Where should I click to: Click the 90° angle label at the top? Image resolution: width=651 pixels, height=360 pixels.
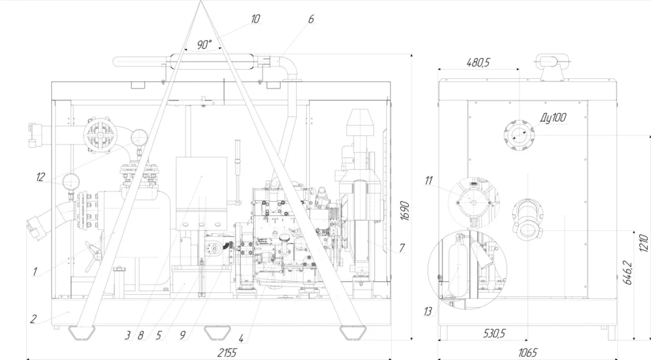(x=204, y=44)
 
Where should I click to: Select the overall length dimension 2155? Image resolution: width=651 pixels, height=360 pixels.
(x=227, y=353)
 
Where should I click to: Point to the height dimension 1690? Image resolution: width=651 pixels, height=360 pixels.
(x=405, y=211)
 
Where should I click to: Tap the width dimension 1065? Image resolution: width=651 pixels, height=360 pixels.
(x=528, y=353)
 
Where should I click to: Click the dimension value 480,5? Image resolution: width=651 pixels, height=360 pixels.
(x=478, y=62)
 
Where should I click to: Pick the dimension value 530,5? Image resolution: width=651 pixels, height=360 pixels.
(x=494, y=333)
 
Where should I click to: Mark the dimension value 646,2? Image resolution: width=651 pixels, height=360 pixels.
(x=628, y=273)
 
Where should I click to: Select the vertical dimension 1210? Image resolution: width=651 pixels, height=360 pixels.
(x=644, y=243)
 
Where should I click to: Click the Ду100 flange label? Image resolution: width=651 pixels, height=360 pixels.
(x=553, y=118)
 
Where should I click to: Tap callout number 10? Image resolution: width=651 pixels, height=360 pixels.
(x=255, y=19)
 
